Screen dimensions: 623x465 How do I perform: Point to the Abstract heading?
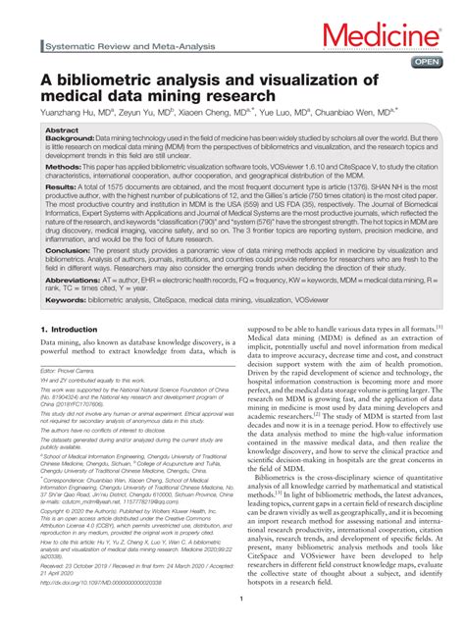pyautogui.click(x=62, y=130)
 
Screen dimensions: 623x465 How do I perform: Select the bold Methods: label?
pyautogui.click(x=64, y=168)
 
